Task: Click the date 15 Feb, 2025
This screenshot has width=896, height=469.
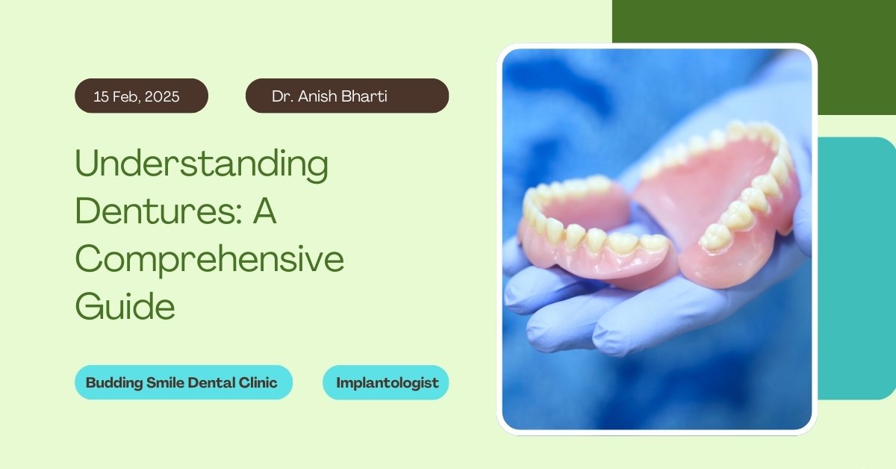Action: point(137,96)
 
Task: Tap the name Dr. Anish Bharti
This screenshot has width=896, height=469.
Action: point(329,96)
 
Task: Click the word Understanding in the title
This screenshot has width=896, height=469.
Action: point(202,164)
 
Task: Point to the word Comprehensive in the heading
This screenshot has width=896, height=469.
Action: point(210,260)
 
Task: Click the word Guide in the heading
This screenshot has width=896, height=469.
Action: point(125,305)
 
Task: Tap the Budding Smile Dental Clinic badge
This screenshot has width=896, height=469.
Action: point(184,382)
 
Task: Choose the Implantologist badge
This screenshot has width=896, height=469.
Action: point(385,382)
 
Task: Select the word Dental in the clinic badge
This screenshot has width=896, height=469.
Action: point(211,382)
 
